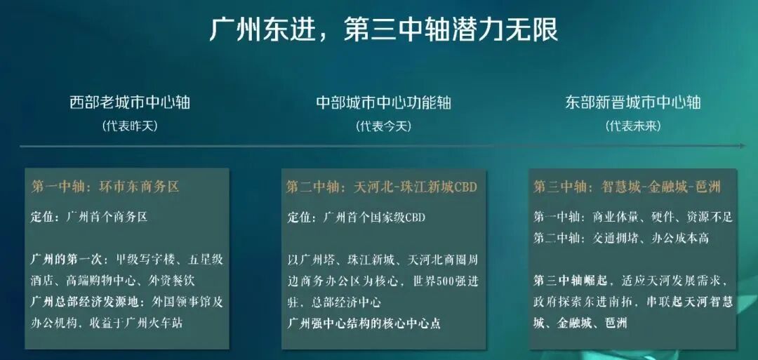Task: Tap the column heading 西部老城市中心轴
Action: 130,102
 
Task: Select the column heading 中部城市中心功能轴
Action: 383,102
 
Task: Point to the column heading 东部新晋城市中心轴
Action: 633,102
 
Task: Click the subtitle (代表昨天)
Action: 130,126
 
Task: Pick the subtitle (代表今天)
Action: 383,126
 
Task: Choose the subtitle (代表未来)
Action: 633,126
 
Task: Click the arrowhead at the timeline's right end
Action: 743,146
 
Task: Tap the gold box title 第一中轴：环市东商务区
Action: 105,187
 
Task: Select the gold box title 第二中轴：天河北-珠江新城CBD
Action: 381,187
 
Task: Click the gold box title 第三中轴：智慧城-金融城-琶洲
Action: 627,187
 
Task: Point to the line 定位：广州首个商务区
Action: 90,218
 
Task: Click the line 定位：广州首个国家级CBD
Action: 356,218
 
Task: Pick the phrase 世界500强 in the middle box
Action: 434,281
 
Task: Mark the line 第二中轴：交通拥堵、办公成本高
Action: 621,239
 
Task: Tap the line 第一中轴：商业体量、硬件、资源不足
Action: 632,218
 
